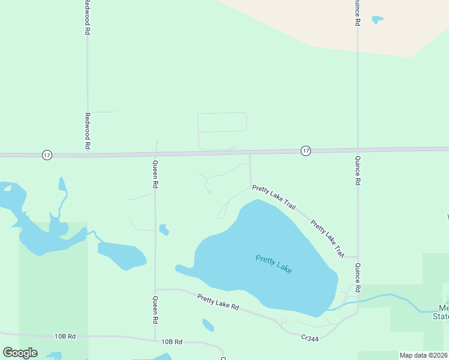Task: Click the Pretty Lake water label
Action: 274,264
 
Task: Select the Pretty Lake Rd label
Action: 218,302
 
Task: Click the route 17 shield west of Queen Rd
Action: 47,155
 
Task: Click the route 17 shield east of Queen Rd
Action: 306,150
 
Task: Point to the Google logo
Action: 20,353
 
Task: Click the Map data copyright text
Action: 423,355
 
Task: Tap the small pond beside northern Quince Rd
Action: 377,20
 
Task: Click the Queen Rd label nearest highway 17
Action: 155,175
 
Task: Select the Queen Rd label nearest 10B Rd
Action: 155,310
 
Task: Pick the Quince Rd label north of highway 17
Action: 358,13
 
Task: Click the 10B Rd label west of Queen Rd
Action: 64,336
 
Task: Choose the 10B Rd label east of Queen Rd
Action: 172,341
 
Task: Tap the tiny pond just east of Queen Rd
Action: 163,230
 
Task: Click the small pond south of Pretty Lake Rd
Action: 208,325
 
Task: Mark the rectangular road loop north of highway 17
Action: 222,122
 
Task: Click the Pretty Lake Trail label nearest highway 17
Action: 274,197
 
